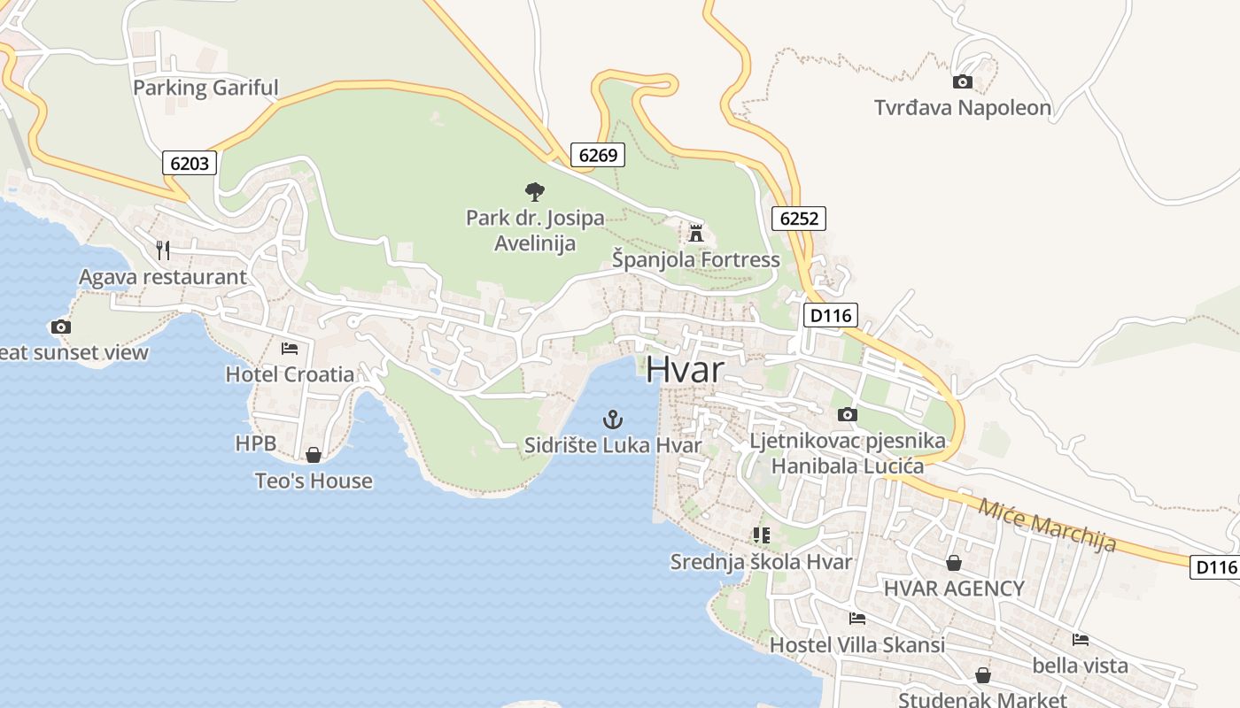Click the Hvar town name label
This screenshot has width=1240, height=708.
(685, 369)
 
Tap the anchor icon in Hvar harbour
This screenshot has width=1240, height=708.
(612, 419)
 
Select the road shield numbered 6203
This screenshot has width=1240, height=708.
(190, 163)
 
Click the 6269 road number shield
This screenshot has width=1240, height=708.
(597, 155)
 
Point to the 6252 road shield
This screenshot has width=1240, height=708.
(798, 218)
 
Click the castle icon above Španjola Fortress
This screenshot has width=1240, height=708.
(696, 234)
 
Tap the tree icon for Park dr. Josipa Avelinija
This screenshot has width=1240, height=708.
(534, 191)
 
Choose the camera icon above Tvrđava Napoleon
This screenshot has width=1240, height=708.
(962, 82)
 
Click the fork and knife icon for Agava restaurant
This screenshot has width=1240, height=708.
(162, 250)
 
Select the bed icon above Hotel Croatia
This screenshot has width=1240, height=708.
(290, 349)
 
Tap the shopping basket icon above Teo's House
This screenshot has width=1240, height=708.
(313, 455)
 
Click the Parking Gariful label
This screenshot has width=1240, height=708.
(205, 88)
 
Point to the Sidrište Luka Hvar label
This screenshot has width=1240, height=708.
(612, 445)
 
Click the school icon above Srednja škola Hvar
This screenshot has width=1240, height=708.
(761, 535)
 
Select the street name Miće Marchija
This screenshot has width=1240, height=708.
(1046, 525)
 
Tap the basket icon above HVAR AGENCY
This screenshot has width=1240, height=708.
(954, 562)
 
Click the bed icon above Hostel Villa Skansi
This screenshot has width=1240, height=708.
(856, 619)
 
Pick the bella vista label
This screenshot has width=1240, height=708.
(1080, 665)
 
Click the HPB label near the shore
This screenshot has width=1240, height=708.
(255, 443)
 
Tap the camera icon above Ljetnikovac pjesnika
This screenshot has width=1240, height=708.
(847, 414)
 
